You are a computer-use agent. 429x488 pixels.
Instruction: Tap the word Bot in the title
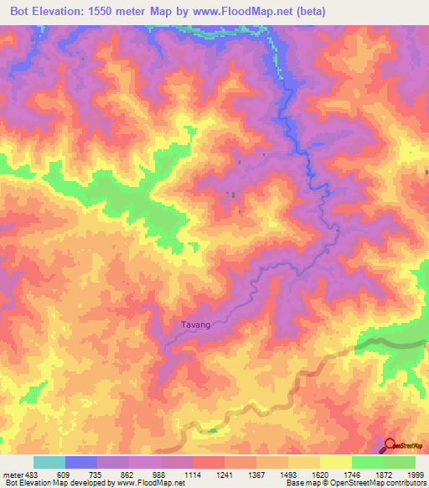click(20, 12)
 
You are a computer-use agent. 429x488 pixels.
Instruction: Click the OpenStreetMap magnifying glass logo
click(390, 445)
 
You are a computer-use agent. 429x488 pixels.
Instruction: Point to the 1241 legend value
click(225, 475)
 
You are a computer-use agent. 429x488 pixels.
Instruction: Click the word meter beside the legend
click(13, 475)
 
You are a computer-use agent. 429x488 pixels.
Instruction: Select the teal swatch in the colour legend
click(49, 462)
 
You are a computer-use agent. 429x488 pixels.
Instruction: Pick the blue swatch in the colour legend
click(81, 462)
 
